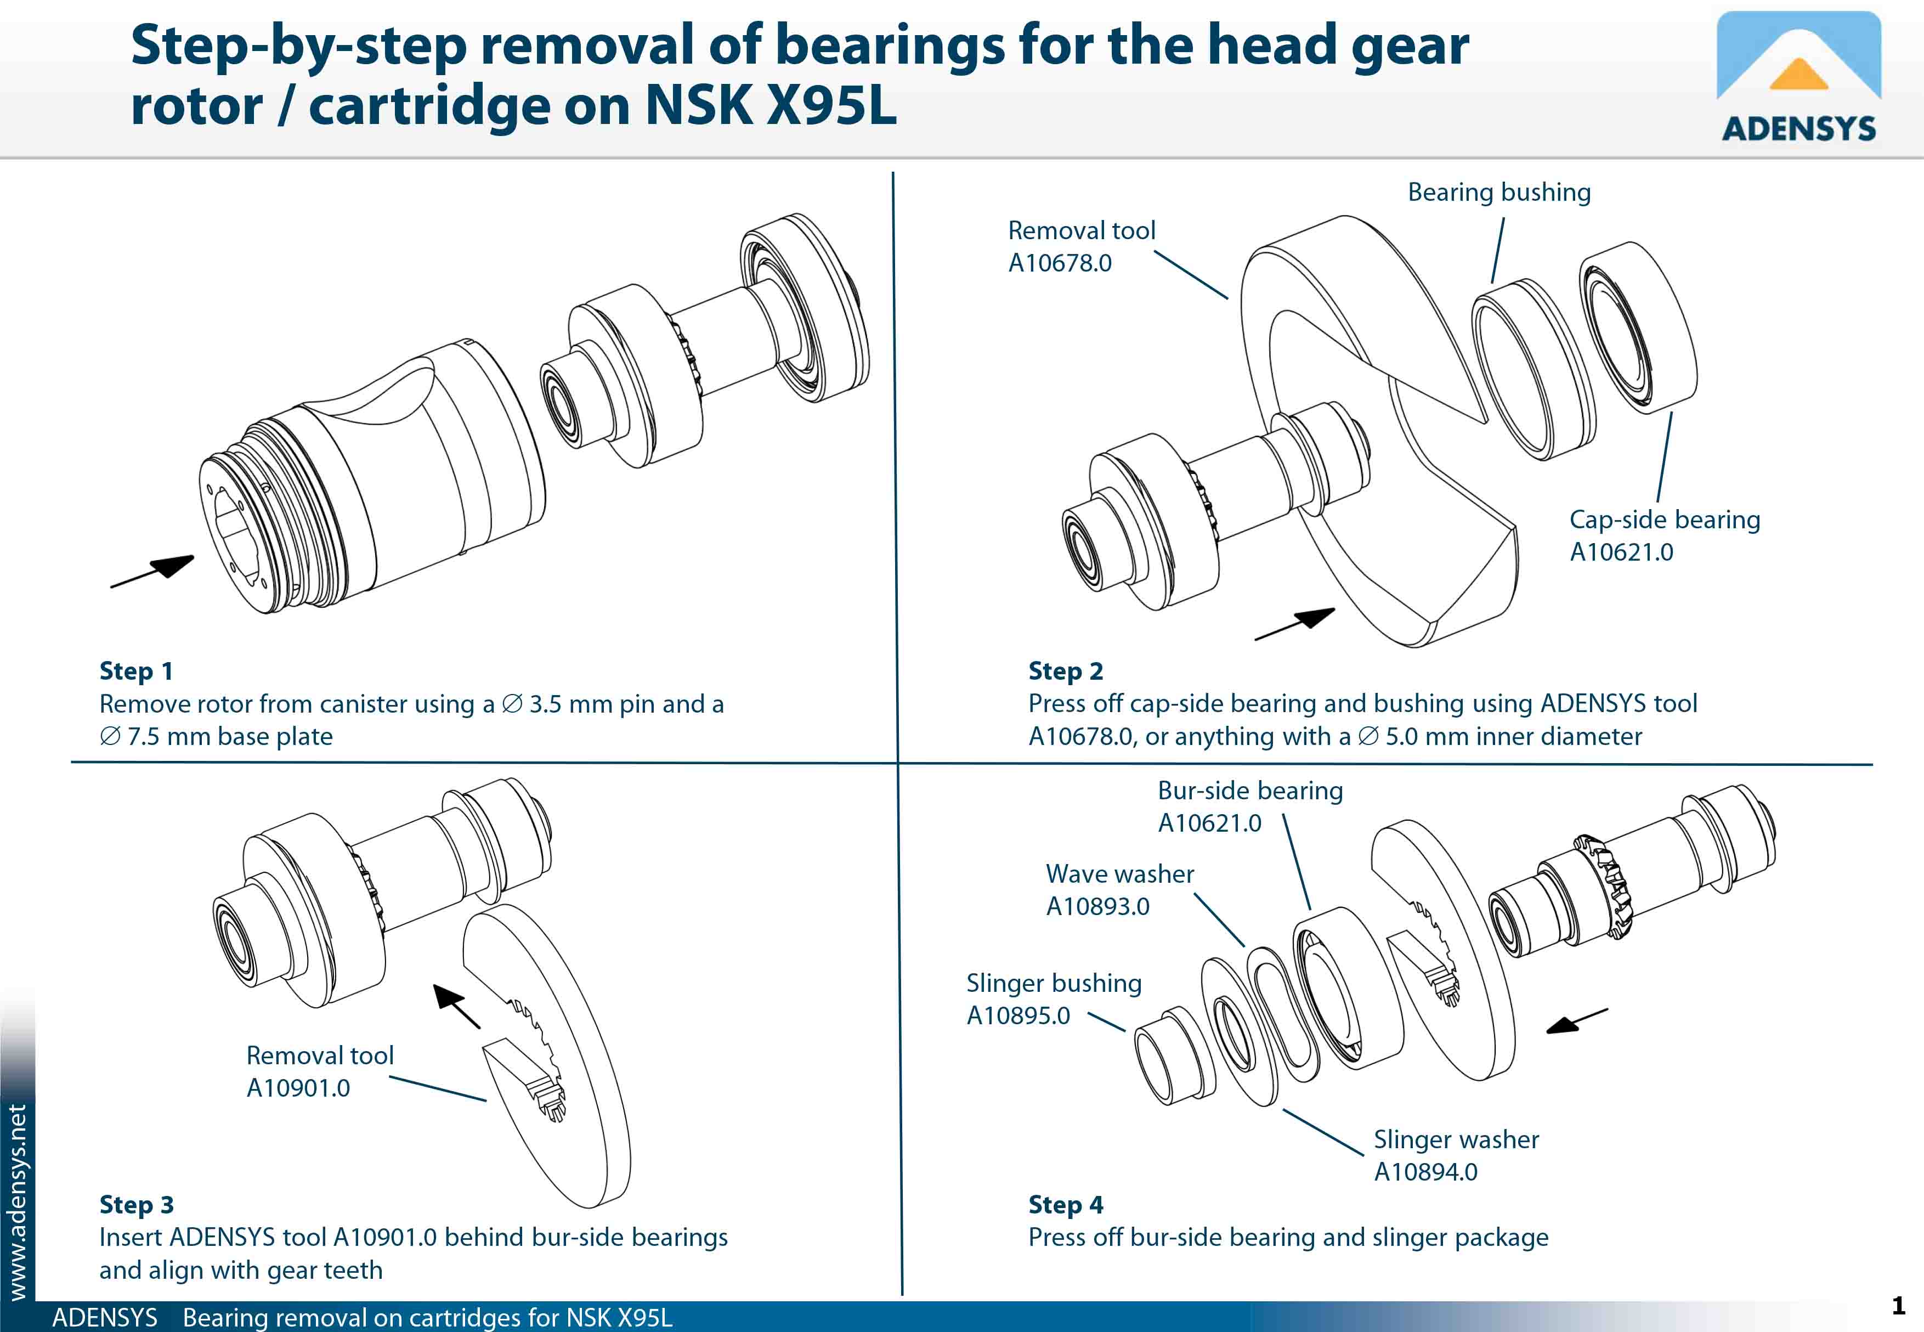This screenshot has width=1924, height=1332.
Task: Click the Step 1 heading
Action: tap(136, 671)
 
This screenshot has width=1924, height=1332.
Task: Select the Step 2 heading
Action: tap(1066, 671)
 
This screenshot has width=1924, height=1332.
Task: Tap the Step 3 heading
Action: tap(136, 1204)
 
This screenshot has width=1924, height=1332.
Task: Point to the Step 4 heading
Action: tap(1066, 1204)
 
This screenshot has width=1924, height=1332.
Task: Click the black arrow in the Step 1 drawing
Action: tap(154, 571)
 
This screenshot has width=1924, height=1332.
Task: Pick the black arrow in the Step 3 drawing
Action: tap(456, 1005)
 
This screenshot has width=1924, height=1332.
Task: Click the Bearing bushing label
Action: tap(1498, 193)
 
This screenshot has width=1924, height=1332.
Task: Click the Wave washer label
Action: tap(1120, 874)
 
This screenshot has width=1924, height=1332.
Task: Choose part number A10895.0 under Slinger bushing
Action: tap(1018, 1015)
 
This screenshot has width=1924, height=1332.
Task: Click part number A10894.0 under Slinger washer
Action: tap(1425, 1172)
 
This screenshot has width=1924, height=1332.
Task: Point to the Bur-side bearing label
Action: tap(1250, 791)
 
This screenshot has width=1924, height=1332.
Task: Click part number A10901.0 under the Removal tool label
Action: tap(298, 1088)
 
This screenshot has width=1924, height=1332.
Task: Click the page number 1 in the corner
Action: tap(1898, 1305)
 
